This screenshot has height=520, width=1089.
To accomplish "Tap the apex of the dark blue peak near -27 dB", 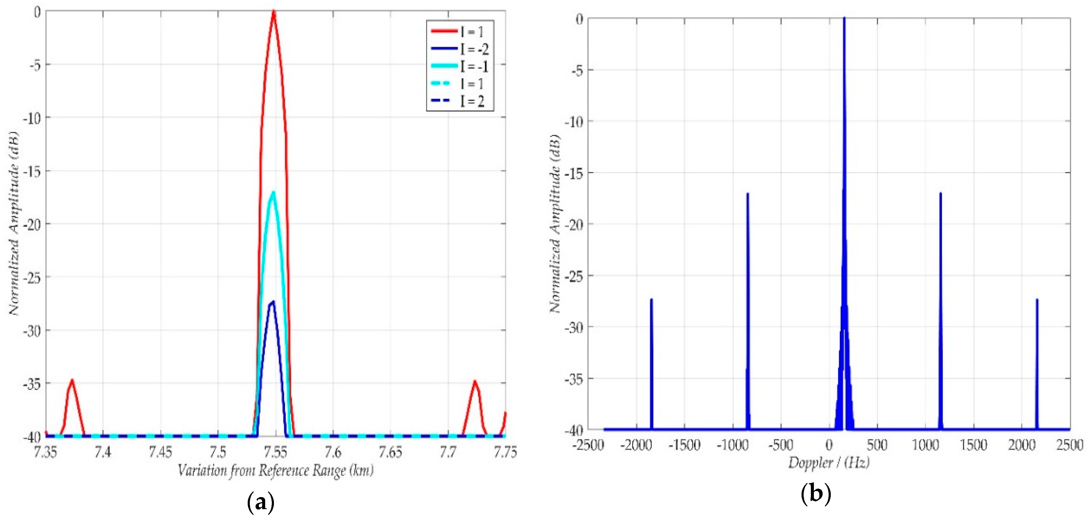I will click(x=273, y=302).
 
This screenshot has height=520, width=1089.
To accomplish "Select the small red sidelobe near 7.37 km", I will click(x=72, y=381).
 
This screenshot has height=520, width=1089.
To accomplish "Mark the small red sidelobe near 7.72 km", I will click(x=475, y=382).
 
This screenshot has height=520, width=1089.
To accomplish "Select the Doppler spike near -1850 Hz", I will click(x=651, y=300).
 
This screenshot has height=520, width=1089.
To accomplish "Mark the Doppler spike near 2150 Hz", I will click(x=1037, y=300).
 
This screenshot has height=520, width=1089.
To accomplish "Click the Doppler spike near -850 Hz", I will click(x=747, y=194).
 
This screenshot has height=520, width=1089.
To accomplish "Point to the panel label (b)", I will click(x=815, y=493).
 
